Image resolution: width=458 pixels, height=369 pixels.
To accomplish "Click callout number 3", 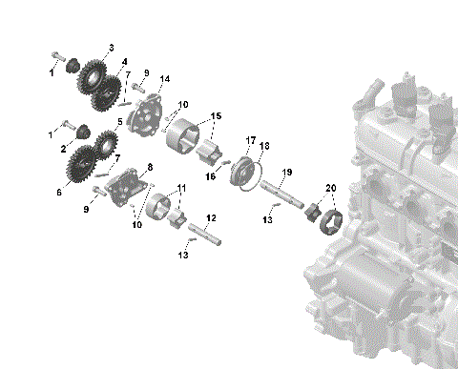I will (x=111, y=48).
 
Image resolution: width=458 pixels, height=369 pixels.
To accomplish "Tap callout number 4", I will (x=124, y=62).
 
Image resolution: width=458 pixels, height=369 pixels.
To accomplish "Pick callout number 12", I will (x=211, y=218).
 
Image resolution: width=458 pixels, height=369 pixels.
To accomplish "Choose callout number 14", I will (x=166, y=78).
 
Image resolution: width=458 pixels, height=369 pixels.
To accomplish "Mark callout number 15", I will (x=216, y=116).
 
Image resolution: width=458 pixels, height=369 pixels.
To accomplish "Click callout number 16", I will (x=211, y=175).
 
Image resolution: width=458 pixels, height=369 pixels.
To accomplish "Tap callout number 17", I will (x=250, y=140).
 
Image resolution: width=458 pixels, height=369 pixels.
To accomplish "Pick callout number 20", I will (x=331, y=188).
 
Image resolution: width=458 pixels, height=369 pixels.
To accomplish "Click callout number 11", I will (x=181, y=189).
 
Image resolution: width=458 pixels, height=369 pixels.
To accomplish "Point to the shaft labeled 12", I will (x=206, y=232).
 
